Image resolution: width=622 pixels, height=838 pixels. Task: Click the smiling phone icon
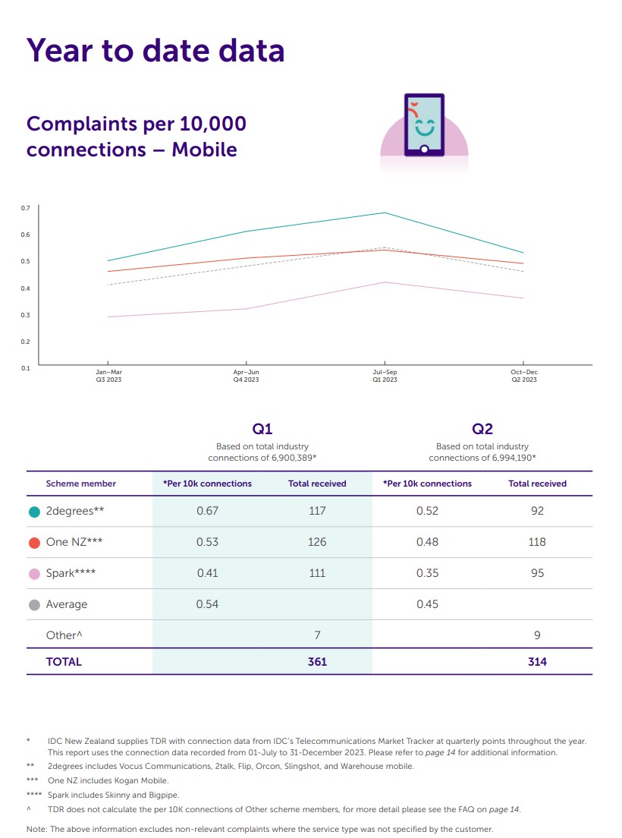click(x=424, y=126)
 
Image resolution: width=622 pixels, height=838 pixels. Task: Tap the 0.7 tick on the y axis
click(x=25, y=208)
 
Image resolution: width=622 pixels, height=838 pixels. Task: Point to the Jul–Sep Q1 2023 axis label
click(x=385, y=376)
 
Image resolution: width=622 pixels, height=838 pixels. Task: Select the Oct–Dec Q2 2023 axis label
click(x=523, y=376)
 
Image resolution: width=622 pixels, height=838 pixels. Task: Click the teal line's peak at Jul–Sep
click(x=385, y=213)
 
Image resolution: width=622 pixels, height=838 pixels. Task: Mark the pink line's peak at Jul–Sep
click(x=385, y=282)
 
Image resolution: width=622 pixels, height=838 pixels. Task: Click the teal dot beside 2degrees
click(x=34, y=512)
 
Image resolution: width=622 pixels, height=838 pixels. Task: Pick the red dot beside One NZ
click(x=34, y=543)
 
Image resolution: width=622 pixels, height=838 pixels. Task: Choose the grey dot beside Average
click(x=34, y=605)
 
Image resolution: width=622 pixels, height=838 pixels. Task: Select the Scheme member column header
click(x=81, y=484)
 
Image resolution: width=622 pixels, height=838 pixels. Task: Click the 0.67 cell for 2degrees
click(x=207, y=512)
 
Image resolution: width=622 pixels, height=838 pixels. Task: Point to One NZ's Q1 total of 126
click(x=317, y=543)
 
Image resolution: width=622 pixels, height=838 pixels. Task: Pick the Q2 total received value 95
click(x=537, y=574)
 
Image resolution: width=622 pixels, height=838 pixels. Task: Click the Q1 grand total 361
click(x=317, y=662)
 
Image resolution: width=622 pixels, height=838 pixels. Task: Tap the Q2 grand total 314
click(x=537, y=662)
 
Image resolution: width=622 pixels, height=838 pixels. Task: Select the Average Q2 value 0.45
click(x=427, y=605)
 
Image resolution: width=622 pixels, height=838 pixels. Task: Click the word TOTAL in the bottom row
click(x=64, y=662)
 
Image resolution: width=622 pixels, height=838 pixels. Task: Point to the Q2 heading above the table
click(x=482, y=429)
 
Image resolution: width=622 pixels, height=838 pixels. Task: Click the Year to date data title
click(x=155, y=50)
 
